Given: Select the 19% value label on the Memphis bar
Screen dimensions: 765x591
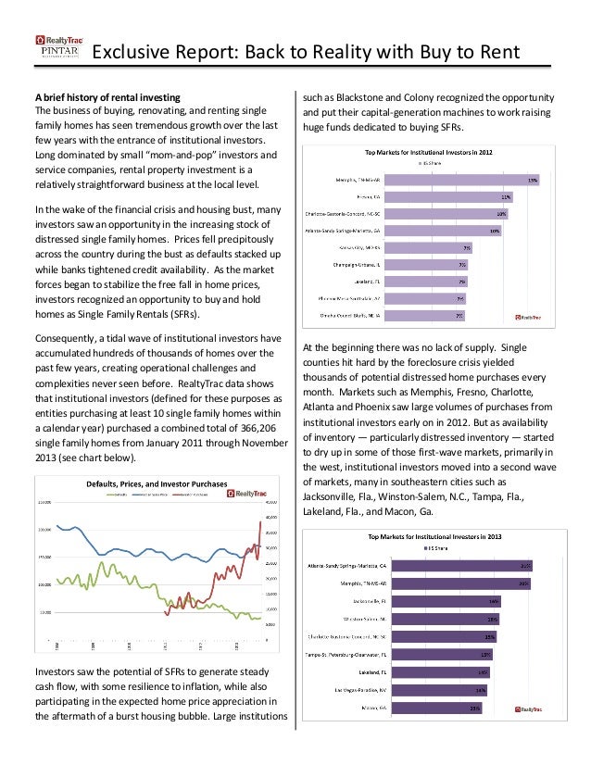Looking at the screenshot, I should [x=533, y=180].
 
